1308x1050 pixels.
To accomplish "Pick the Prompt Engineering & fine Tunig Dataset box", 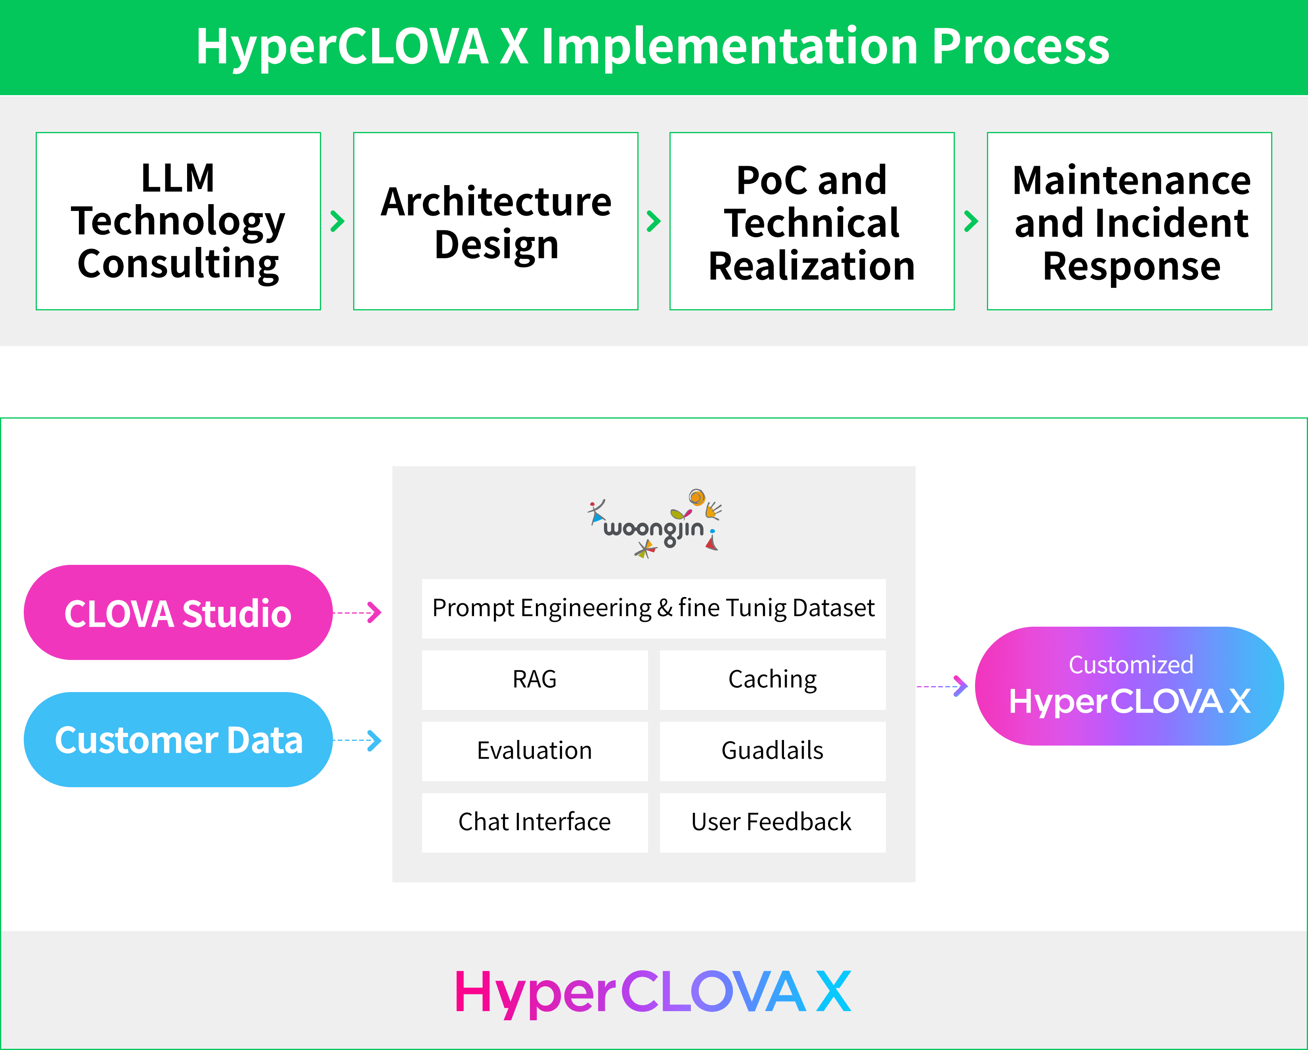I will pyautogui.click(x=653, y=608).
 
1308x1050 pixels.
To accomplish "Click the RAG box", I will pyautogui.click(x=534, y=679).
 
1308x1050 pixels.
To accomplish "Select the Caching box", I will pyautogui.click(x=772, y=679).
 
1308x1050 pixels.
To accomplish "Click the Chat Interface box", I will pyautogui.click(x=534, y=822).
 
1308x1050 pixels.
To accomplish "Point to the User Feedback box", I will pyautogui.click(x=772, y=822).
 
